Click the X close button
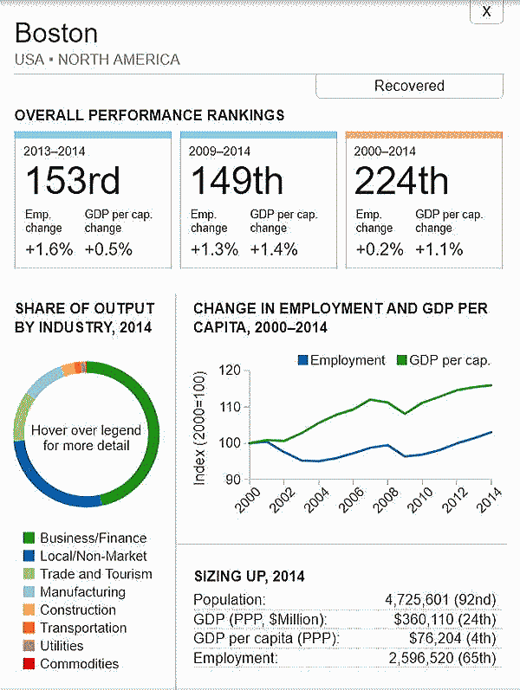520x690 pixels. click(x=486, y=11)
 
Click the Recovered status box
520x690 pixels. click(x=409, y=86)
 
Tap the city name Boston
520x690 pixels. click(x=56, y=34)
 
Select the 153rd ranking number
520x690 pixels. click(x=72, y=181)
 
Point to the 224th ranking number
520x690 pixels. click(x=402, y=181)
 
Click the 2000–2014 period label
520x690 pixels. click(x=385, y=151)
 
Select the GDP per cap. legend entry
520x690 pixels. click(x=443, y=360)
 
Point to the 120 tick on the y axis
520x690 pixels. click(x=229, y=371)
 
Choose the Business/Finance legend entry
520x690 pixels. click(x=84, y=538)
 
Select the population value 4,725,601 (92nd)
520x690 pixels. click(x=440, y=599)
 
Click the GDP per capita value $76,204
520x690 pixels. click(x=452, y=639)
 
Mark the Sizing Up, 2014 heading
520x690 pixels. click(x=249, y=576)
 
